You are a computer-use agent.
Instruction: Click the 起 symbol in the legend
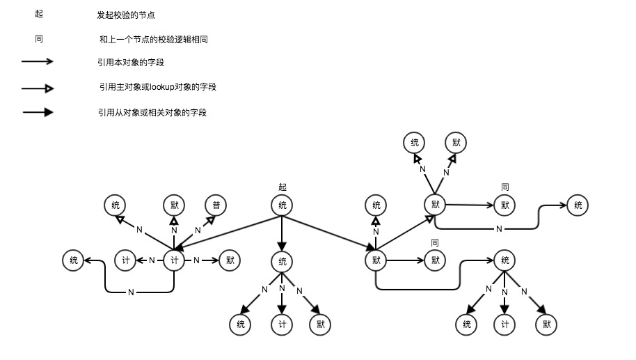pyautogui.click(x=38, y=14)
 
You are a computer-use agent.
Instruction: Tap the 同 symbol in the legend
pyautogui.click(x=38, y=39)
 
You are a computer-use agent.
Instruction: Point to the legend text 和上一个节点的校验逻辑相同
pyautogui.click(x=154, y=40)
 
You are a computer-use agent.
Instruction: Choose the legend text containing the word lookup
pyautogui.click(x=157, y=87)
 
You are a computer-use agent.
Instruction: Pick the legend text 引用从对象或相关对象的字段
pyautogui.click(x=152, y=112)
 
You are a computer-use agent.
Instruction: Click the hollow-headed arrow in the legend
pyautogui.click(x=38, y=88)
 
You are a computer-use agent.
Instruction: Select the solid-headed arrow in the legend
pyautogui.click(x=38, y=111)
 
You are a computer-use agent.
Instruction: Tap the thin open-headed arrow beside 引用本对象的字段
pyautogui.click(x=38, y=62)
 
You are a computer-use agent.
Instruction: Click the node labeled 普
pyautogui.click(x=216, y=205)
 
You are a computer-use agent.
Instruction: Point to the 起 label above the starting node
pyautogui.click(x=282, y=187)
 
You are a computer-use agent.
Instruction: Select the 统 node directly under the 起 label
pyautogui.click(x=282, y=205)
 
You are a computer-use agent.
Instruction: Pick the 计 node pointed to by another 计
pyautogui.click(x=125, y=260)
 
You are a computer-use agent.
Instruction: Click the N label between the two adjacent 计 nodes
pyautogui.click(x=151, y=260)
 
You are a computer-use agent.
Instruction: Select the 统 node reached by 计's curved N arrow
pyautogui.click(x=73, y=260)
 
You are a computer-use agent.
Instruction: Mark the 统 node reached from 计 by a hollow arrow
pyautogui.click(x=115, y=205)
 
